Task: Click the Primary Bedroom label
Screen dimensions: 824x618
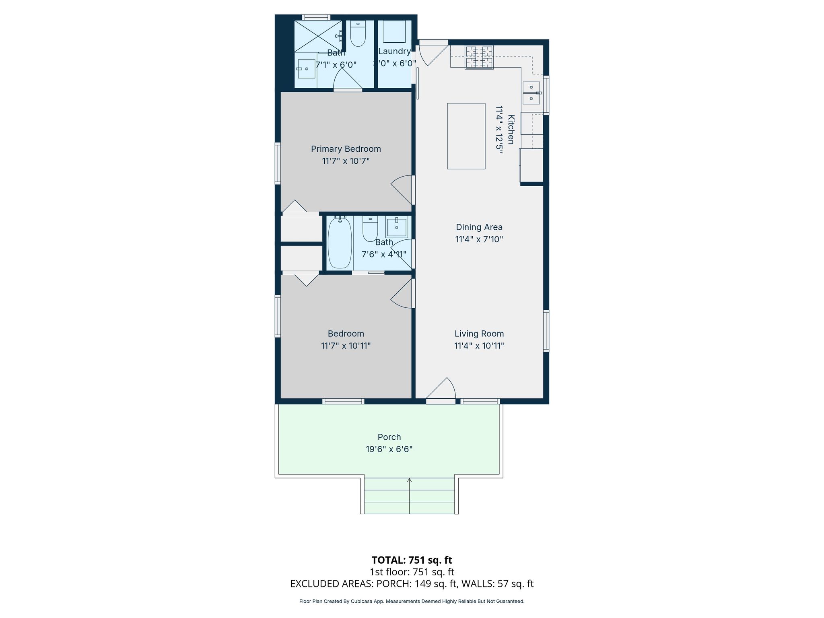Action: [x=346, y=149]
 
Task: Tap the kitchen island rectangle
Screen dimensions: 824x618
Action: [x=466, y=136]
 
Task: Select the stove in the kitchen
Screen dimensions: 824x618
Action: [x=479, y=57]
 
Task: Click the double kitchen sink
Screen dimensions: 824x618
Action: [x=531, y=93]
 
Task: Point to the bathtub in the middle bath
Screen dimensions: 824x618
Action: [x=340, y=243]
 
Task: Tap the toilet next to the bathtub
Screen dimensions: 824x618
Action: [x=370, y=229]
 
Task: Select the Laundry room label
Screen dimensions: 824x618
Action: [x=394, y=51]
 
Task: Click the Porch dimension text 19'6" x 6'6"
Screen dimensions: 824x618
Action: [x=389, y=449]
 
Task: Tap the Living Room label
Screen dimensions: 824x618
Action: [x=479, y=334]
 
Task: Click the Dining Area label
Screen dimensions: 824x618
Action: [x=479, y=227]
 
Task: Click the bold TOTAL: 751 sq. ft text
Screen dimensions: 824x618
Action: [x=412, y=560]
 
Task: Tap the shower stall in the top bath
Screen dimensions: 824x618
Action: [x=318, y=36]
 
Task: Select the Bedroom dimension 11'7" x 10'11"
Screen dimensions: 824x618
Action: [x=346, y=346]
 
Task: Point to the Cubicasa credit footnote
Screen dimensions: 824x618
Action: [x=412, y=602]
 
